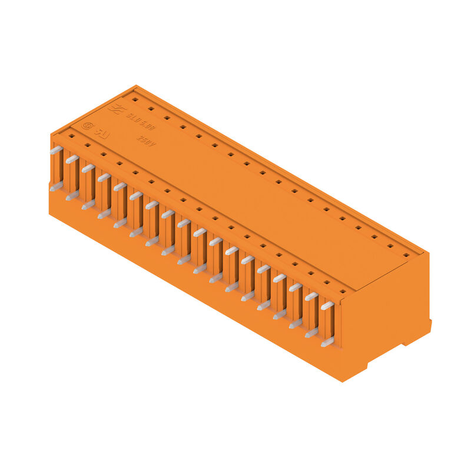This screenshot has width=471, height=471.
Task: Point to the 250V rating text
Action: coord(145,141)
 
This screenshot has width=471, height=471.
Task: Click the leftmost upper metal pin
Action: coord(56,151)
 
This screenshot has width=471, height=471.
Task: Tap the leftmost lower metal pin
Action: coord(56,187)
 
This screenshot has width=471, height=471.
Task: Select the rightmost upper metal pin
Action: coord(327,306)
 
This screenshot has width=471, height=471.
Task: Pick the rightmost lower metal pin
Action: coord(327,342)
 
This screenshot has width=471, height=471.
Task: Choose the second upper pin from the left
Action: coord(72,160)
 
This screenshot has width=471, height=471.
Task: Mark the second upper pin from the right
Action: coord(311,297)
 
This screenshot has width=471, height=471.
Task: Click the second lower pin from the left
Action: coord(72,195)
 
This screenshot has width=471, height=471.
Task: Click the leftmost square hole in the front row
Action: coord(71,136)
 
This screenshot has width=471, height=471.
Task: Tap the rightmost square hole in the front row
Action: coord(343,291)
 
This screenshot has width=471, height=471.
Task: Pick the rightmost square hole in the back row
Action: coord(406,255)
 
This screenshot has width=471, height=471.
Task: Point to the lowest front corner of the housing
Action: coord(343,380)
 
